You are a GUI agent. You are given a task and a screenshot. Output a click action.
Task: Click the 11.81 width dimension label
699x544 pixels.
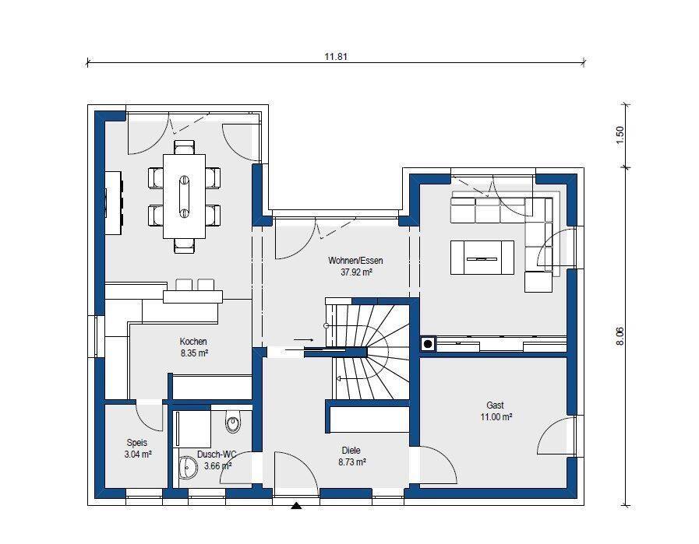coord(336,57)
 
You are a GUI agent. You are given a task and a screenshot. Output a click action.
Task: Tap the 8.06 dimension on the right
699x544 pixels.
coord(620,336)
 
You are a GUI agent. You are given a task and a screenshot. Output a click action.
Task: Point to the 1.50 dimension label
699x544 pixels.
coord(620,135)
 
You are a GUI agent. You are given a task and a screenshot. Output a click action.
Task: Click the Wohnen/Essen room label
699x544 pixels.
coord(355,261)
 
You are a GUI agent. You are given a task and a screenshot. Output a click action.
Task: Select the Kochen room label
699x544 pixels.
coord(193,342)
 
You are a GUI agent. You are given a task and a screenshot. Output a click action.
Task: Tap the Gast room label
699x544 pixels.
coord(495,405)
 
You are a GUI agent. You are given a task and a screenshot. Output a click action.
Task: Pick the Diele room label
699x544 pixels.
coord(351,450)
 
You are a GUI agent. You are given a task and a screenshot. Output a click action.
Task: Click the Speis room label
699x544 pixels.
coord(137,443)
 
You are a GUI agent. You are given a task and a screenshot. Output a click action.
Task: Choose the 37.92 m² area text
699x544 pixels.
coord(356,272)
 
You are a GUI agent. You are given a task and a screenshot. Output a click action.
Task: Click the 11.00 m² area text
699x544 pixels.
coord(496,417)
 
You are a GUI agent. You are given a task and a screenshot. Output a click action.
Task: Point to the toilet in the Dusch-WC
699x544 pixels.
coord(233,421)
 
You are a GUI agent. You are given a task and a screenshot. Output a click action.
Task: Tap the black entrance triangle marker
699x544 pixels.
coord(296,505)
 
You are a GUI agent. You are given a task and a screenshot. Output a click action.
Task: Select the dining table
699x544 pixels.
coord(184,196)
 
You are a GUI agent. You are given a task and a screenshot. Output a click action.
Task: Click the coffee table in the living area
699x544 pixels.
coord(482,258)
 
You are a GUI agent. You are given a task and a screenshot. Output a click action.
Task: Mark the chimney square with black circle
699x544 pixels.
coord(428,344)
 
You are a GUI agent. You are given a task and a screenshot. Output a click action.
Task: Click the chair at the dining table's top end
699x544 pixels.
coord(184,147)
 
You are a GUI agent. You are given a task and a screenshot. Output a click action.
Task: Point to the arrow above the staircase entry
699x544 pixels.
coord(304,339)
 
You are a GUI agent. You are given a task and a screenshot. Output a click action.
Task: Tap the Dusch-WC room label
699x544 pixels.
coord(216,454)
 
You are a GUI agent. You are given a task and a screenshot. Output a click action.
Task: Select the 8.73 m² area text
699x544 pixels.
coord(351,462)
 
